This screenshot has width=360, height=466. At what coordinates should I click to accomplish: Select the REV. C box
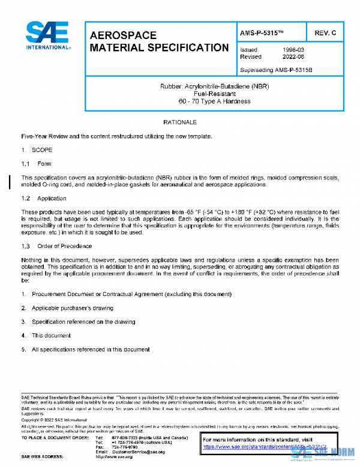click(325, 32)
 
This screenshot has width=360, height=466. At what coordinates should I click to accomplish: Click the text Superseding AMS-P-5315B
click(276, 70)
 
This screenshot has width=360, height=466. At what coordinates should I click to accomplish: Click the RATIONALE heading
click(179, 123)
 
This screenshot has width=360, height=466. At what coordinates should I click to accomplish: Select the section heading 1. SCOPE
click(32, 149)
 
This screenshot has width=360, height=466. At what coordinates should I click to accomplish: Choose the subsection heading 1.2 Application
click(44, 198)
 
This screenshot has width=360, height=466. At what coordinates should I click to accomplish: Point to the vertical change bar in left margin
click(8, 181)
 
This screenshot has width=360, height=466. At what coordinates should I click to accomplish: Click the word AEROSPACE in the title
click(123, 35)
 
